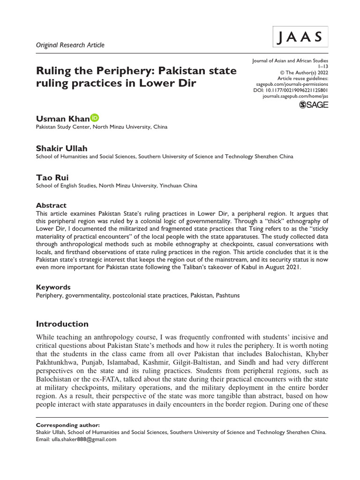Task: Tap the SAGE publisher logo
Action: click(314, 105)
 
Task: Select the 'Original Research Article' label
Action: click(70, 45)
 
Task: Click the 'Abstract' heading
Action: click(51, 205)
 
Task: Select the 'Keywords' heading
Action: click(53, 287)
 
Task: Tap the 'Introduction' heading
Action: click(62, 324)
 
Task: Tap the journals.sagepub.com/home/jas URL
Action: click(295, 96)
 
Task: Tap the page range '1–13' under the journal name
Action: click(323, 67)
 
